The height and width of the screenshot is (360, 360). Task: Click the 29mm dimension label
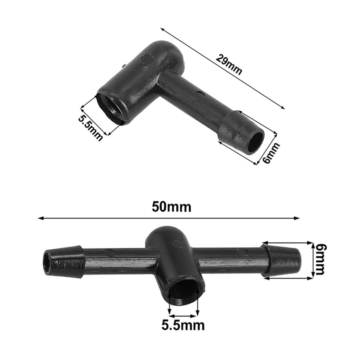click(x=229, y=65)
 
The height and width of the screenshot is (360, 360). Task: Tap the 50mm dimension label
click(x=171, y=207)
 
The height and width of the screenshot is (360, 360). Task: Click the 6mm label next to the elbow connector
click(x=271, y=153)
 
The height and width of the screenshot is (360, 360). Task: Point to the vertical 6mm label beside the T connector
click(x=320, y=259)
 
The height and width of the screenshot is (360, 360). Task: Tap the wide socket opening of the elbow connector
click(x=110, y=108)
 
